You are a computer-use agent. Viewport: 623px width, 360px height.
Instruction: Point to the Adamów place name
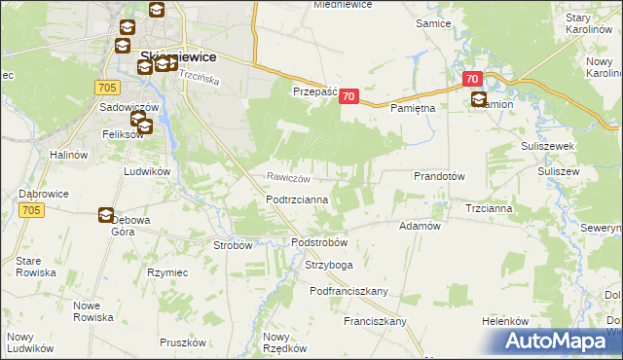pos(421,225)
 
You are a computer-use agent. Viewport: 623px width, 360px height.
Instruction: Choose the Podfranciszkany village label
pos(349,291)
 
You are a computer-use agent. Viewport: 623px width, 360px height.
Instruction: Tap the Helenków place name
pos(504,321)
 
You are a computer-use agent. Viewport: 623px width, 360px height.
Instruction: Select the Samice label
pos(433,22)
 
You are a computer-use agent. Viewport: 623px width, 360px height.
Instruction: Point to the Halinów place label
pos(70,154)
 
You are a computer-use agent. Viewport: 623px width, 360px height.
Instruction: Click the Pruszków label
pos(183,342)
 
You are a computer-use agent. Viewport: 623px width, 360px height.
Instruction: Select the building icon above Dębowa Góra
pos(106,216)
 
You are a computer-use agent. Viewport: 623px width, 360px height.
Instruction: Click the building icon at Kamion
pos(479,98)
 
